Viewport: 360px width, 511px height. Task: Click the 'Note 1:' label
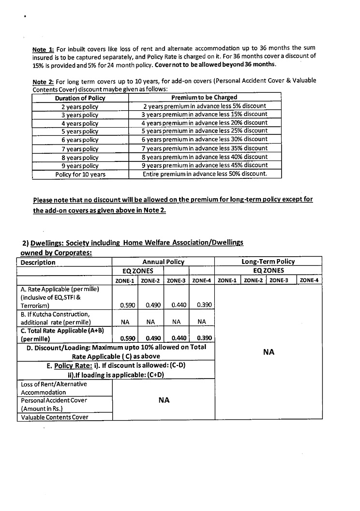point(43,49)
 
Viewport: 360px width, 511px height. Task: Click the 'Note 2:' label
point(43,81)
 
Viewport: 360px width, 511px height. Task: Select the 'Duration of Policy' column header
point(80,98)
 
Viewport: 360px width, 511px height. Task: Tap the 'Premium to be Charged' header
point(204,97)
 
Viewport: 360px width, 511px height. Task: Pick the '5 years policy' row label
point(80,131)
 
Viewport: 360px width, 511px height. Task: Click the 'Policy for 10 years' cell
point(80,174)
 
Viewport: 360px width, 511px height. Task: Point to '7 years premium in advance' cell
point(204,148)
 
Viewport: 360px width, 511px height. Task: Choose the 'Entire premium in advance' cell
point(204,174)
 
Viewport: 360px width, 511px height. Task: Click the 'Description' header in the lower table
point(38,263)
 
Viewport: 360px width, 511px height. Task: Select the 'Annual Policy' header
point(163,262)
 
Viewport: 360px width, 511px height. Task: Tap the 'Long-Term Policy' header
point(268,262)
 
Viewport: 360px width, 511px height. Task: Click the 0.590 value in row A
point(125,305)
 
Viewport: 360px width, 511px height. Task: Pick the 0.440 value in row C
point(176,338)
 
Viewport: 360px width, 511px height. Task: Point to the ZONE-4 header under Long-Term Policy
point(309,280)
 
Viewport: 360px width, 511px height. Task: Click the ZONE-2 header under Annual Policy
point(150,280)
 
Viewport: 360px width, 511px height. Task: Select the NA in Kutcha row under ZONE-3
point(176,321)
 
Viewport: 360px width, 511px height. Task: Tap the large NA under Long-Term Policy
point(269,352)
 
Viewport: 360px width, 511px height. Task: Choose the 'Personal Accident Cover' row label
point(54,400)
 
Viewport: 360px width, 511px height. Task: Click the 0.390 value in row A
point(202,305)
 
